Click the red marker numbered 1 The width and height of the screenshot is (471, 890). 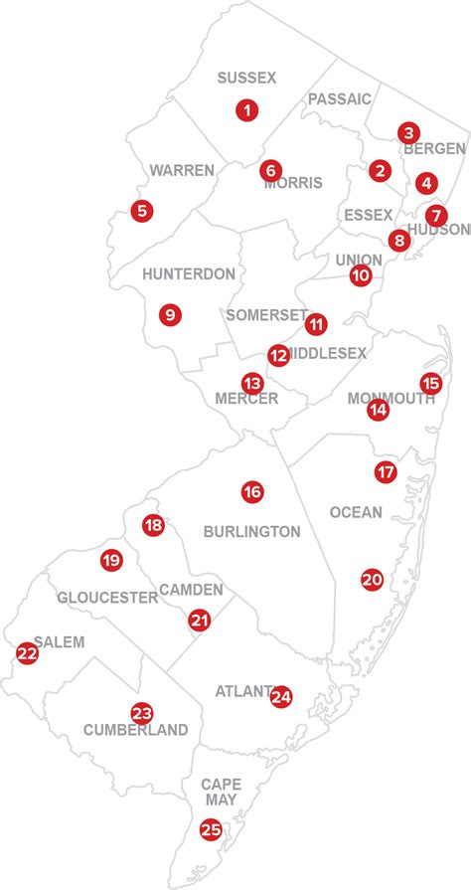click(x=245, y=110)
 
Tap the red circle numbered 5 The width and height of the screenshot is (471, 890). click(x=142, y=211)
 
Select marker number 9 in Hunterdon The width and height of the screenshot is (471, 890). click(x=170, y=314)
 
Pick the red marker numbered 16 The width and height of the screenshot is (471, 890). click(x=251, y=491)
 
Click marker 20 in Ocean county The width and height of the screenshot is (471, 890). click(x=372, y=579)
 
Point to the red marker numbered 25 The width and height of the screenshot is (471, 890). click(x=211, y=828)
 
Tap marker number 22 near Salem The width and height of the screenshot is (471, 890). click(x=27, y=653)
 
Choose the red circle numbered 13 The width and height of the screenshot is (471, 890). click(x=252, y=383)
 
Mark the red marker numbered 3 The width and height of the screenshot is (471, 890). click(x=406, y=132)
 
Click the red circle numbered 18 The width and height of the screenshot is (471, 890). click(x=153, y=526)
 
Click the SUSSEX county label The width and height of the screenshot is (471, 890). click(x=246, y=78)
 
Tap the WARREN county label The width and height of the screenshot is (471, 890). click(x=182, y=170)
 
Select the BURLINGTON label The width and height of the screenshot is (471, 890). click(x=251, y=532)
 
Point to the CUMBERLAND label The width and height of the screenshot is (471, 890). click(x=122, y=730)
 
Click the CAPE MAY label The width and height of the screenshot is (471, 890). click(x=221, y=793)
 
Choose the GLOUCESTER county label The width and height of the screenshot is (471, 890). click(x=107, y=598)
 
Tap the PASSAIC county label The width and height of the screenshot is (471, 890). click(x=339, y=98)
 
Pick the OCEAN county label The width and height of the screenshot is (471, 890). click(x=355, y=512)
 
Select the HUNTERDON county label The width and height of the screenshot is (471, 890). click(x=189, y=273)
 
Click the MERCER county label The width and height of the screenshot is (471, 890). click(x=246, y=399)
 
